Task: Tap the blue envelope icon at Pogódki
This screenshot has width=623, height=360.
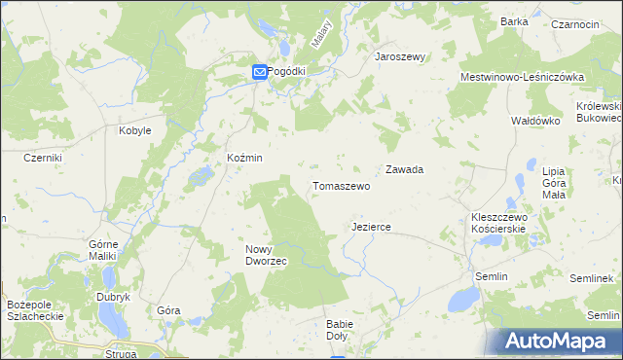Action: (x=260, y=71)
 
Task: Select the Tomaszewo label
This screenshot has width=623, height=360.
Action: (x=341, y=185)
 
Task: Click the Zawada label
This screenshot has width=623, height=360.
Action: (x=404, y=169)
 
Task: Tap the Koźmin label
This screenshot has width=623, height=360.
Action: (x=244, y=158)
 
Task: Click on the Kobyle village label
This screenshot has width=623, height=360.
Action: (x=134, y=130)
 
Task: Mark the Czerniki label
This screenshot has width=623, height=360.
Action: (x=44, y=158)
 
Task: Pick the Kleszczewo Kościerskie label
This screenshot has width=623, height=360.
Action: (x=498, y=223)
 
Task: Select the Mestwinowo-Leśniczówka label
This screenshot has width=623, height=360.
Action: (x=522, y=76)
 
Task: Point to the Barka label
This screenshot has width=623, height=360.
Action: (x=514, y=21)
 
